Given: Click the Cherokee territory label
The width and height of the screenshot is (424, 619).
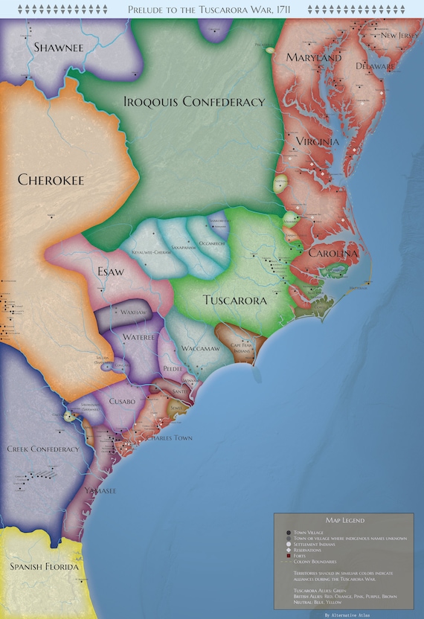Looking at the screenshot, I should click(51, 179).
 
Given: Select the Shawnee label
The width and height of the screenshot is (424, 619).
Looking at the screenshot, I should click(59, 47).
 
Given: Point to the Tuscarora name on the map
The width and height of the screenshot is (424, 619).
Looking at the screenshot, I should click(234, 301).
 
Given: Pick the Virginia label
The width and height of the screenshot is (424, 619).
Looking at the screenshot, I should click(318, 141).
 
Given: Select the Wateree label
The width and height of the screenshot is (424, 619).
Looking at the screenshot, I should click(138, 339).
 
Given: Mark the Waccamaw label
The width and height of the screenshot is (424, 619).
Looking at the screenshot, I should click(200, 349).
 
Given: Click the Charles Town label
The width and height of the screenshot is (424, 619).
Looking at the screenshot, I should click(167, 438).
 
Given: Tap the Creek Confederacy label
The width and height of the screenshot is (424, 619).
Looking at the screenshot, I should click(42, 449).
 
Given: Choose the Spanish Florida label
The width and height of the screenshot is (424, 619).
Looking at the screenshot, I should click(43, 568).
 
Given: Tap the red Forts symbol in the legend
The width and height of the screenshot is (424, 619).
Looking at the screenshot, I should click(288, 556).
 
